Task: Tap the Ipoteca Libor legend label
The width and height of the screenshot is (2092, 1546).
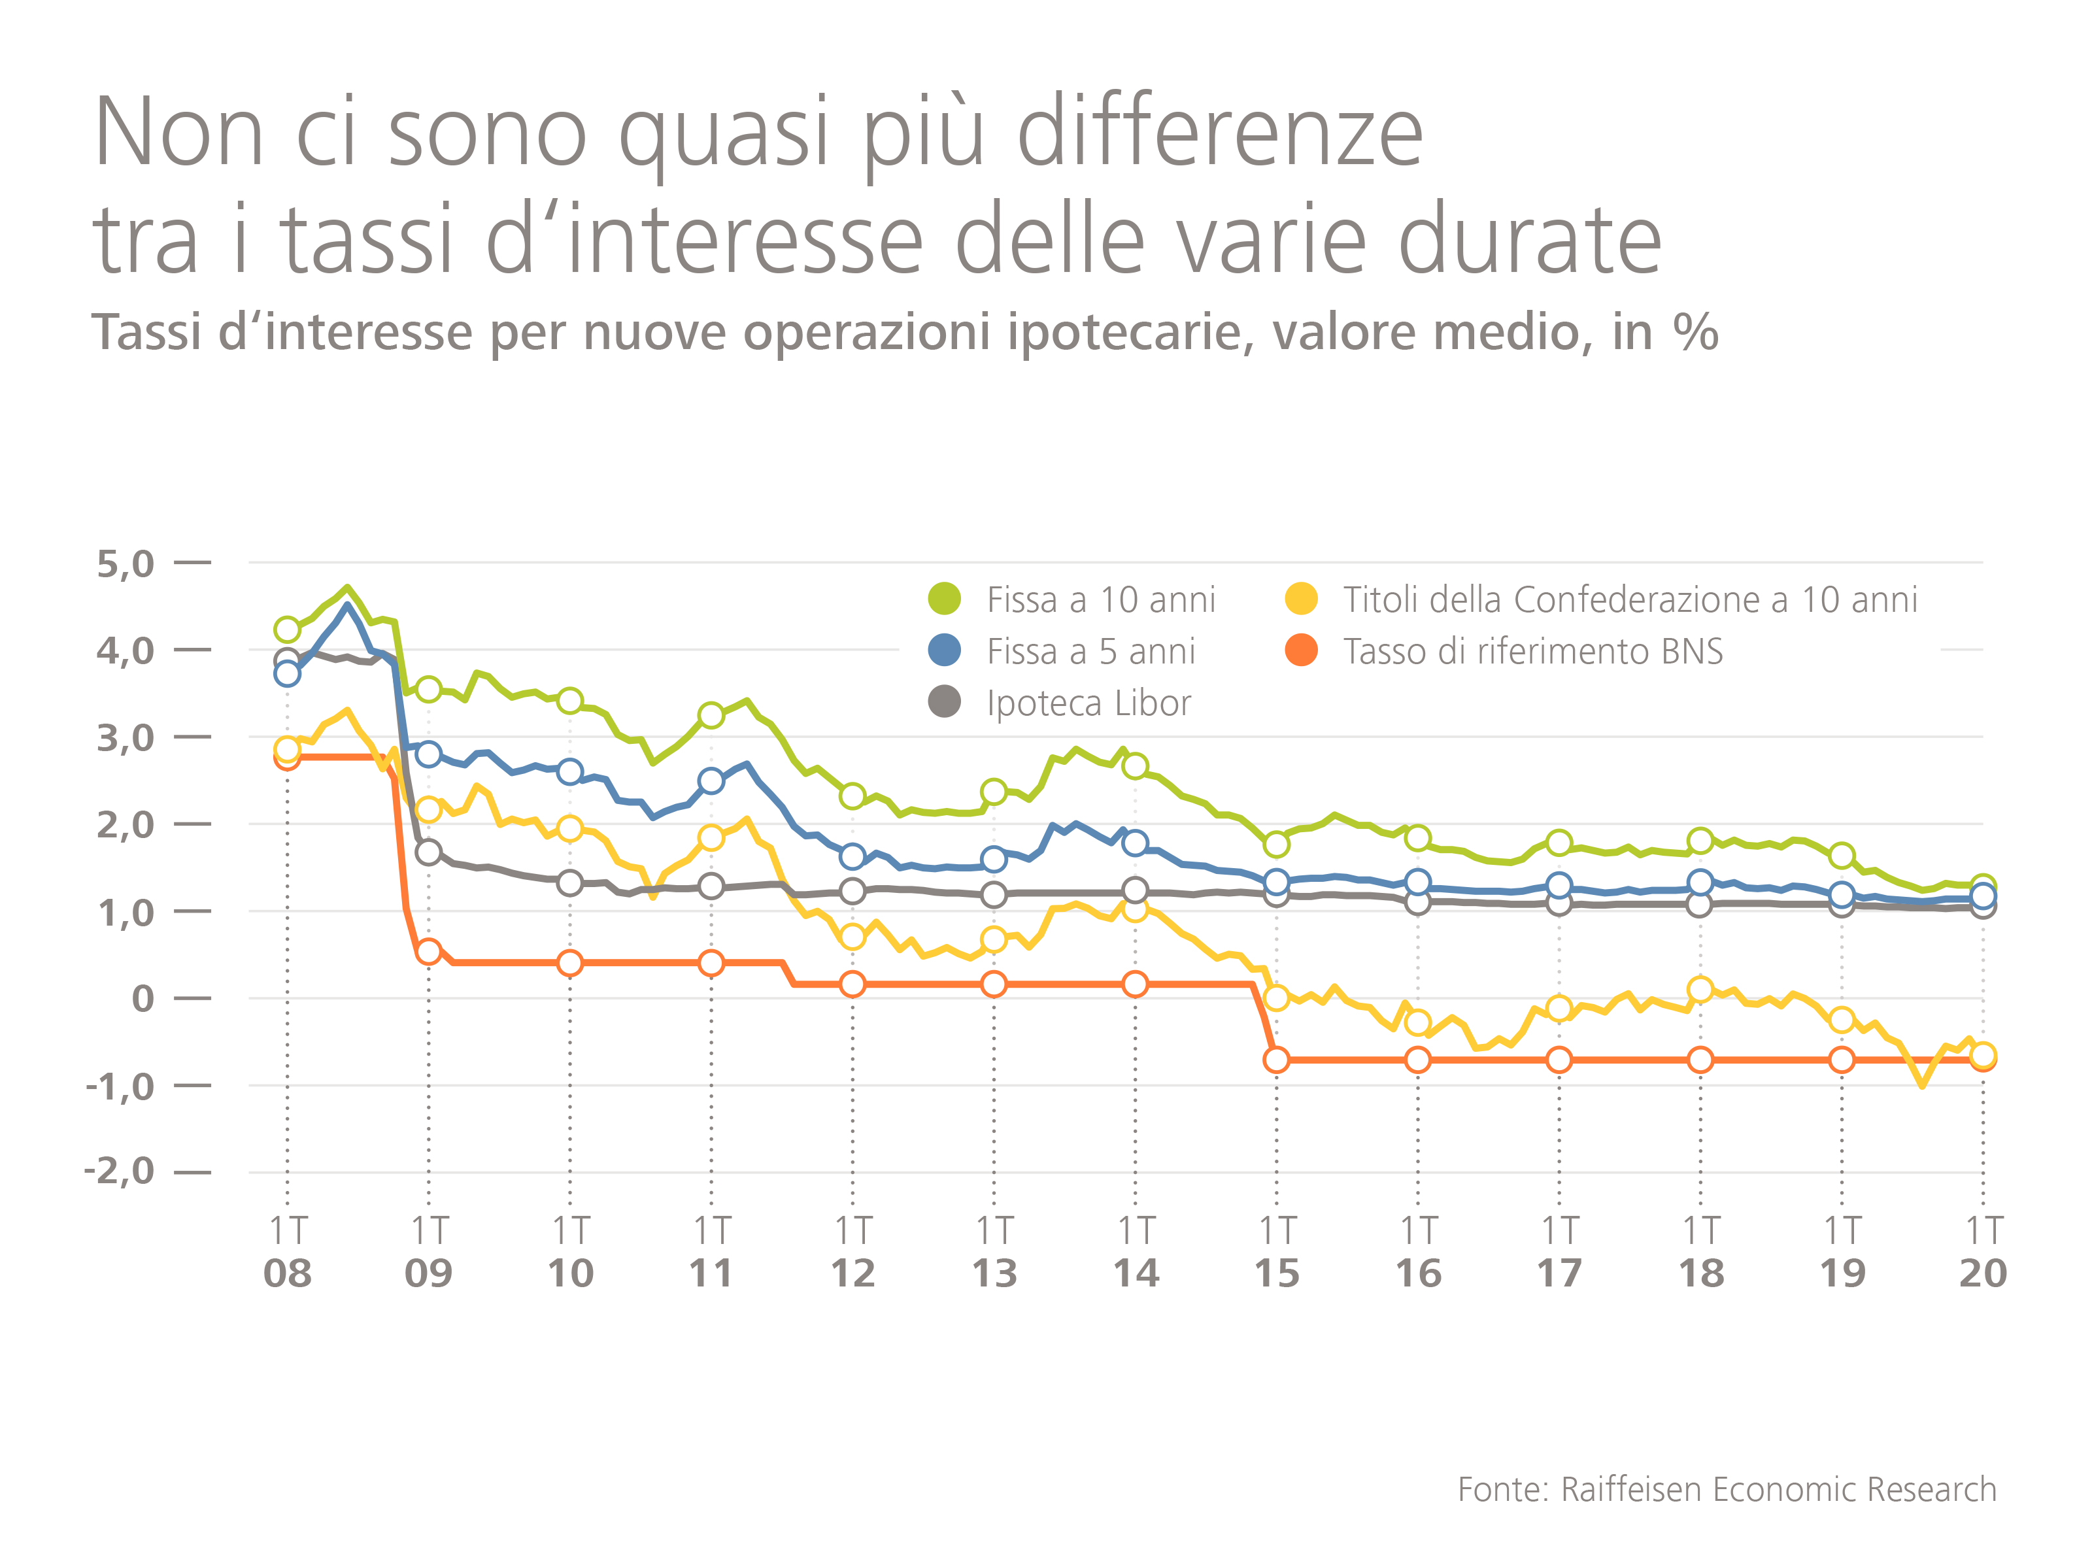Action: click(1088, 703)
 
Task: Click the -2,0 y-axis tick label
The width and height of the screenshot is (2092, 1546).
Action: click(119, 1171)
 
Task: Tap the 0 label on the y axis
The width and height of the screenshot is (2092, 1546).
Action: click(143, 999)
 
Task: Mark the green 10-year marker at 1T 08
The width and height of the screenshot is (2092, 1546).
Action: click(288, 630)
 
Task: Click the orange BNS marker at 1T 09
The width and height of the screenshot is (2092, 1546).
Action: click(429, 952)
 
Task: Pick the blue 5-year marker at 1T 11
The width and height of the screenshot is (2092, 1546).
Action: click(711, 781)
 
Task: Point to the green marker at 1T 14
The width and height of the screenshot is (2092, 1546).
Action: click(1136, 766)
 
